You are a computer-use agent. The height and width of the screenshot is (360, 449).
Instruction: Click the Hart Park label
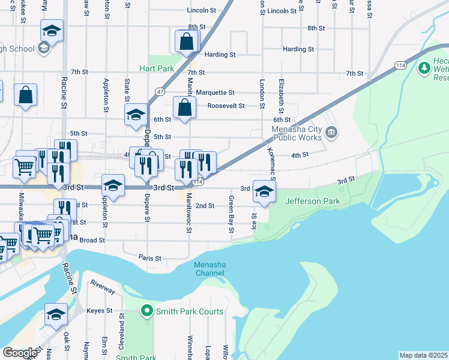[157, 68]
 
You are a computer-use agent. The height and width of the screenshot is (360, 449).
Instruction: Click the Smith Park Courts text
[189, 311]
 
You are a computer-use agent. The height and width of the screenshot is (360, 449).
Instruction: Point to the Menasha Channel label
[209, 269]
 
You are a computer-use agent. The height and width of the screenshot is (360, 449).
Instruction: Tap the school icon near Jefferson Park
[264, 191]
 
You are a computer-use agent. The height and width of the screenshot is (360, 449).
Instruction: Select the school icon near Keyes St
[56, 314]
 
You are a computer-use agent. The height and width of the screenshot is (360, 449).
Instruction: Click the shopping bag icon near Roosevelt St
[184, 107]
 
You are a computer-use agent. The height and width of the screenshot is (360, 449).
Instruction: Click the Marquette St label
[215, 92]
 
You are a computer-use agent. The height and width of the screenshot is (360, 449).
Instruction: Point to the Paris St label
[150, 258]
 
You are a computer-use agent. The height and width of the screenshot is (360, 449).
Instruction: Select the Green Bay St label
[231, 214]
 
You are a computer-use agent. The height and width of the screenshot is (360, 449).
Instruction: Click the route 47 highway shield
[159, 91]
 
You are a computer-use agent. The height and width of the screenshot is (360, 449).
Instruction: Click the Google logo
[20, 353]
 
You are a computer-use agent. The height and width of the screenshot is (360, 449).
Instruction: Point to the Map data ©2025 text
[423, 355]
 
